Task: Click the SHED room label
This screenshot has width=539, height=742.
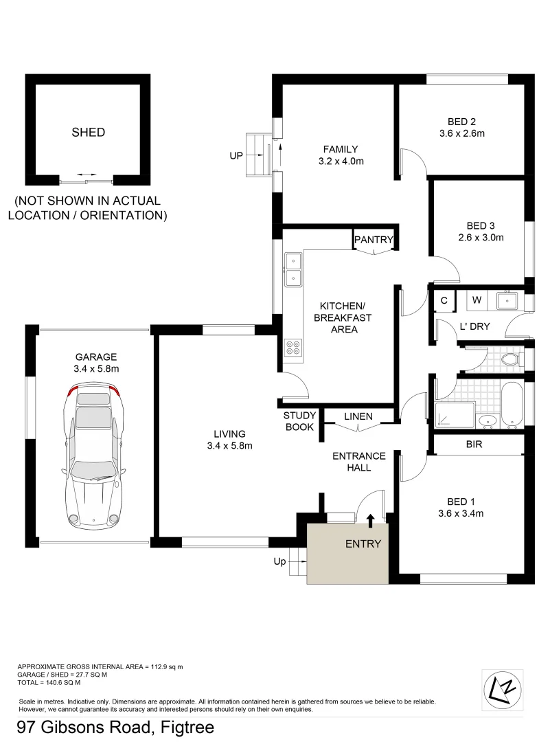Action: [89, 132]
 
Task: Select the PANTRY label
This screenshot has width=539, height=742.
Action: [374, 240]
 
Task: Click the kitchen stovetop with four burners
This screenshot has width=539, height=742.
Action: [293, 348]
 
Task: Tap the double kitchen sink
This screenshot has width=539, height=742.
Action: [293, 269]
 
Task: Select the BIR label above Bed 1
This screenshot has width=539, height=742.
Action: [474, 445]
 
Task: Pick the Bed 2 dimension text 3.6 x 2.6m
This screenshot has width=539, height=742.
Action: [461, 133]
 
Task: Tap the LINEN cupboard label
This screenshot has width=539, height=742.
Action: [358, 416]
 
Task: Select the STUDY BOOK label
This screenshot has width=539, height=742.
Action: [299, 421]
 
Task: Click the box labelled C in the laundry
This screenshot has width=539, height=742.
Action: [444, 300]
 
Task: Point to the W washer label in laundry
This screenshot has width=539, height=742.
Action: [477, 300]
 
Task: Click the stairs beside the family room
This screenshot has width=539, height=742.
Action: [256, 155]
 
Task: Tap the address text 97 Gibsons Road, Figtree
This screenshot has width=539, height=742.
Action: [115, 727]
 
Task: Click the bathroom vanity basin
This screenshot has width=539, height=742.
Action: [487, 420]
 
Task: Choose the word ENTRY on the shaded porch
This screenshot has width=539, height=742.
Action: [363, 543]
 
